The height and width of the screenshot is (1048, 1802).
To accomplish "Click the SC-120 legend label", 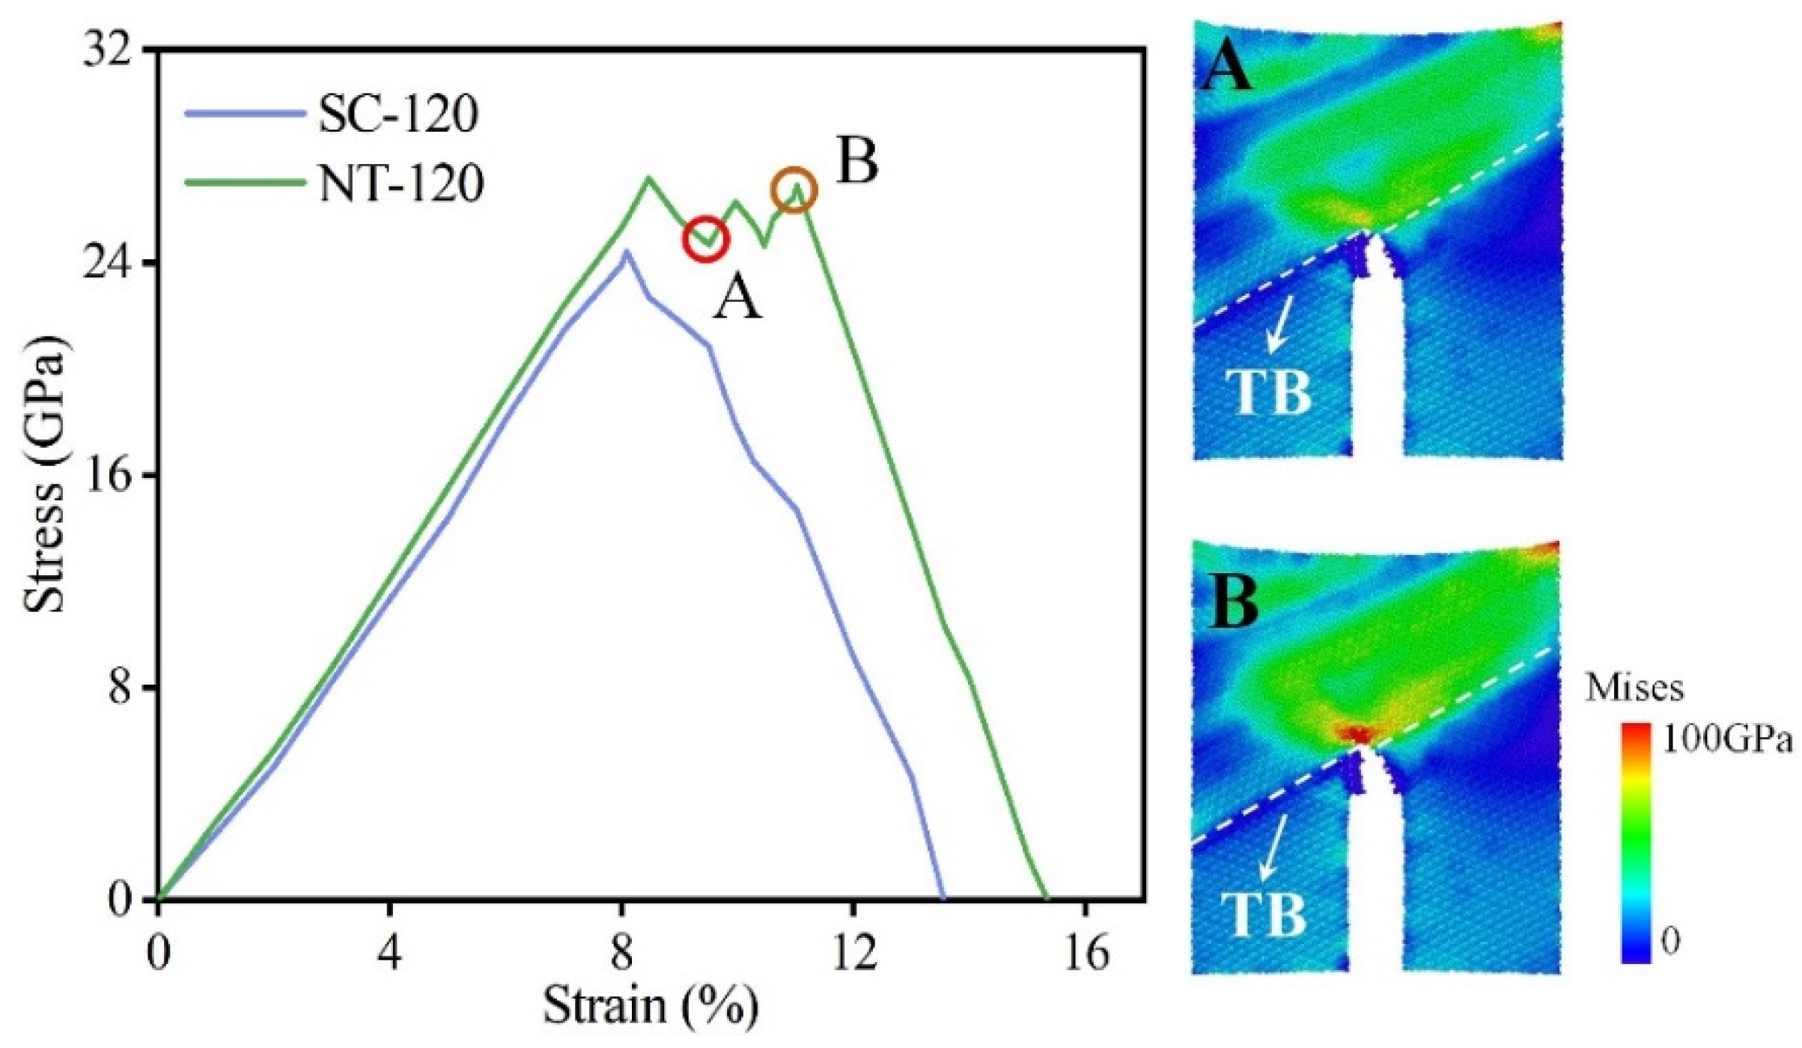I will pos(398,115).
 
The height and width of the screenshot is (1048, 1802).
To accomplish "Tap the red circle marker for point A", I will pos(705,240).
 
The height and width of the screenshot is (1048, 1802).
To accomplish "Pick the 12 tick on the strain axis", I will pos(853,954).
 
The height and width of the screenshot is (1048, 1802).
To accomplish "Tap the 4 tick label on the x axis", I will pos(389,954).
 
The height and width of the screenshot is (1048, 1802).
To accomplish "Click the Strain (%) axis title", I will pos(650,1006).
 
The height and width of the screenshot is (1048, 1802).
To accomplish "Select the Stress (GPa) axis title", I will pos(45,475).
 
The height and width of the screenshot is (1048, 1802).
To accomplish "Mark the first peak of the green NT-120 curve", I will pos(648,178).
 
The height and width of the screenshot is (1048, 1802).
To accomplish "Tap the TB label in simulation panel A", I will pos(1268,393).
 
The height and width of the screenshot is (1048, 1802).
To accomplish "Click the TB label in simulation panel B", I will pos(1264,915).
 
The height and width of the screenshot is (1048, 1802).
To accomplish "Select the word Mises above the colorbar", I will pos(1634,687).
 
